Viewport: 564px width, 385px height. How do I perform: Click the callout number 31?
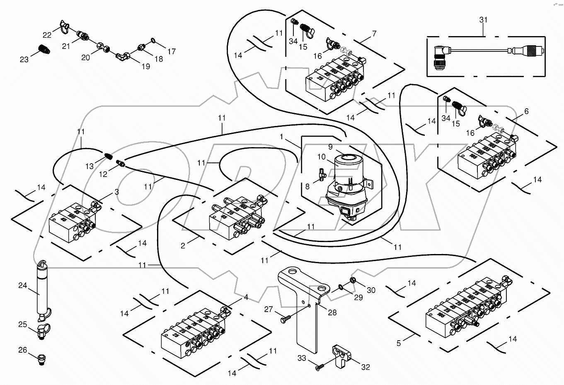click(x=484, y=20)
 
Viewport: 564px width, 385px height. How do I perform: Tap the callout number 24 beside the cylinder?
click(x=22, y=286)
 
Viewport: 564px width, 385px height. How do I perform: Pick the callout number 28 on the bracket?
click(x=332, y=312)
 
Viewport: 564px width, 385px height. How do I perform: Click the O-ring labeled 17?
click(x=153, y=41)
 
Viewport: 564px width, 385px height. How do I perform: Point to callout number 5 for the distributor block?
click(x=399, y=343)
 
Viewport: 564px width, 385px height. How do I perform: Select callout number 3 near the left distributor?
click(x=117, y=192)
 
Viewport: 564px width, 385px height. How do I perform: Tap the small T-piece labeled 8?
click(x=322, y=174)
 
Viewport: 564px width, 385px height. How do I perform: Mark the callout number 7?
click(x=374, y=34)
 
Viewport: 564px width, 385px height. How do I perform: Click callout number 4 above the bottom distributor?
click(x=246, y=297)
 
